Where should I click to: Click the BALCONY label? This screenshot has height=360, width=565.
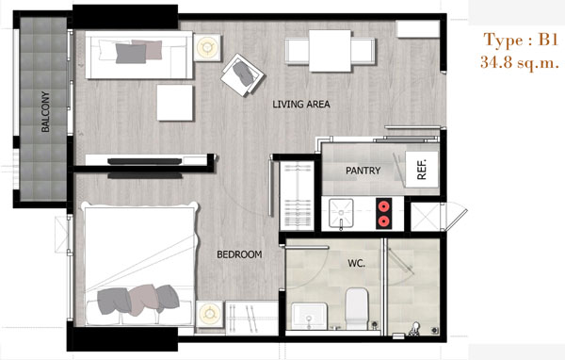[x=45, y=111]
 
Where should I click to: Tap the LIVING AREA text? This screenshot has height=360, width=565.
[x=301, y=105]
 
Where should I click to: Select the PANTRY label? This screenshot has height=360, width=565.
[x=363, y=171]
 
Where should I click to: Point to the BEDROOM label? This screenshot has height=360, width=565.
[x=239, y=254]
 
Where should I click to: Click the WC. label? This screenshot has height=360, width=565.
[x=356, y=263]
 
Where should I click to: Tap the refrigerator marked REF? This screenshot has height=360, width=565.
[x=422, y=170]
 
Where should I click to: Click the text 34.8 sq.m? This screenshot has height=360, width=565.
[x=519, y=63]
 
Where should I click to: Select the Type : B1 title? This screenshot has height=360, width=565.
[x=521, y=40]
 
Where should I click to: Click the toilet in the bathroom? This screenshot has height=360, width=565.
[x=357, y=308]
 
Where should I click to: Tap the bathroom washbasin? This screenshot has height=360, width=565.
[x=309, y=316]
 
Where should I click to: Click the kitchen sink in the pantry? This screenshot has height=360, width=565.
[x=341, y=213]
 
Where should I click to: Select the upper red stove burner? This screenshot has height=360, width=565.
[x=384, y=206]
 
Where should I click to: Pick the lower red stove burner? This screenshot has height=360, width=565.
[x=384, y=221]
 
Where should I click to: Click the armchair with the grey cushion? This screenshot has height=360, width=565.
[x=243, y=75]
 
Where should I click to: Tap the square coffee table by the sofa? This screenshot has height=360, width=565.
[x=175, y=103]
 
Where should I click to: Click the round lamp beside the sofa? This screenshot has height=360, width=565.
[x=207, y=47]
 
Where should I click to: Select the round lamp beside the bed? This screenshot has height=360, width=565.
[x=210, y=313]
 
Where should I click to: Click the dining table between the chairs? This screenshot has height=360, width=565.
[x=330, y=51]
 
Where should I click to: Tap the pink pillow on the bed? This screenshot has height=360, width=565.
[x=143, y=300]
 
